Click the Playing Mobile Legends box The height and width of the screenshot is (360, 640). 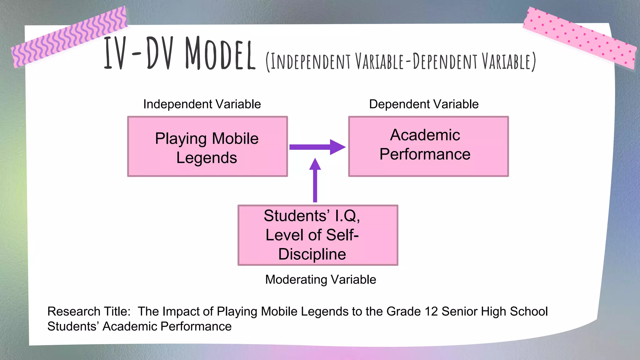[207, 147]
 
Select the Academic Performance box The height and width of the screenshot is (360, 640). [428, 147]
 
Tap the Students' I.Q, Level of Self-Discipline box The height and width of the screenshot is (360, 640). [317, 235]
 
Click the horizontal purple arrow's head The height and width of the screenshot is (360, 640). [337, 147]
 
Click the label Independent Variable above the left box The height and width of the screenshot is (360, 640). [202, 104]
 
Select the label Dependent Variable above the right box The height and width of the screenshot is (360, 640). [423, 104]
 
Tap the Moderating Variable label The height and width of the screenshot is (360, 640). [320, 279]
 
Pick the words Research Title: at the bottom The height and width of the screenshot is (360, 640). [89, 311]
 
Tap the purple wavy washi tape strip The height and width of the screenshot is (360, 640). [69, 37]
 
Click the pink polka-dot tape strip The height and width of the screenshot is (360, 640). [580, 37]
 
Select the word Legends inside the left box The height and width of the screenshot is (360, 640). [207, 157]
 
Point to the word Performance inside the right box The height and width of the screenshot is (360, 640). [425, 154]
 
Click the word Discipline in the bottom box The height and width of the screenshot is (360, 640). [312, 254]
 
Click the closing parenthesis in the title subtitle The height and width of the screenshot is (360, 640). [534, 62]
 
